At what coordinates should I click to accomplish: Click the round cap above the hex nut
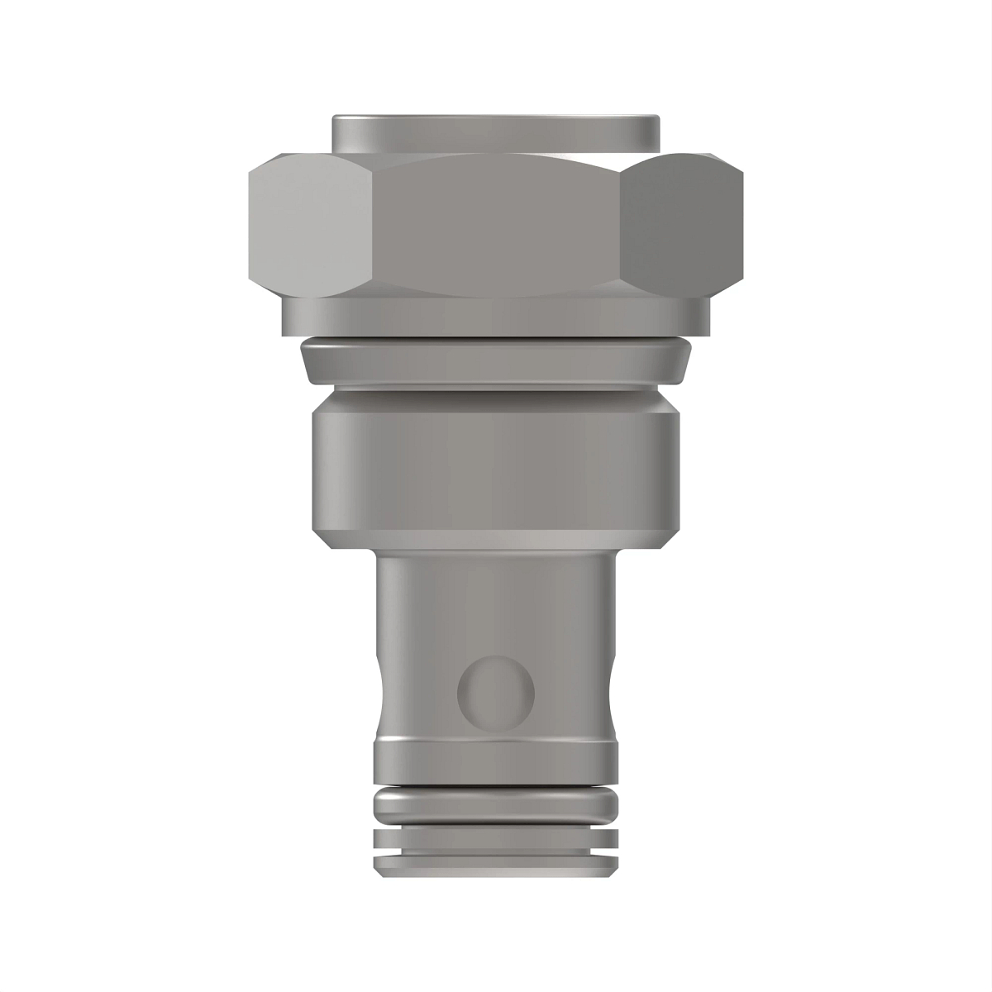click(496, 131)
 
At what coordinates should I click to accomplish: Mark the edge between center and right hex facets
click(621, 227)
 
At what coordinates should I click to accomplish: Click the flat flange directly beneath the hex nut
click(496, 315)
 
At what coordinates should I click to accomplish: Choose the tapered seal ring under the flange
click(496, 363)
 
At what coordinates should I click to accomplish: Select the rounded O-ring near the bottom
click(496, 803)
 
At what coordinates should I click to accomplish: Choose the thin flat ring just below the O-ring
click(496, 837)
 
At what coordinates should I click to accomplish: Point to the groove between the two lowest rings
click(496, 851)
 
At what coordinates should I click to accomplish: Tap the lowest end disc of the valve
click(496, 865)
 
